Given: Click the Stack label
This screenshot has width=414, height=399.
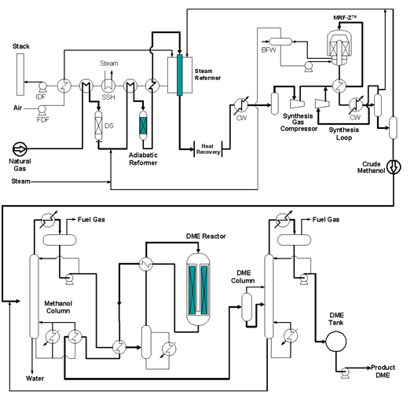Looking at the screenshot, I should [x=21, y=47].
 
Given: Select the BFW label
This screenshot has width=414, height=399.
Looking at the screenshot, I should [x=269, y=49].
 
